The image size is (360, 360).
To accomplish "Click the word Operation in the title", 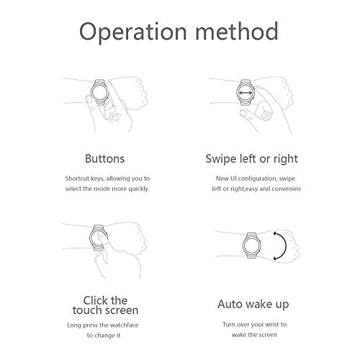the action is (x=133, y=32).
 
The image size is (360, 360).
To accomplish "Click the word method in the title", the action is (x=237, y=31).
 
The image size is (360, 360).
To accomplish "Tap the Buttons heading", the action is (x=104, y=158).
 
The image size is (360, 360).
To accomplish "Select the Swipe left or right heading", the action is (x=251, y=159).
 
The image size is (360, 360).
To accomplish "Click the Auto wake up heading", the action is (x=253, y=305).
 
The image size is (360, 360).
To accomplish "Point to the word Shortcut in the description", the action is (x=77, y=179).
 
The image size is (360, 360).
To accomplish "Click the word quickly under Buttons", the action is (x=138, y=189).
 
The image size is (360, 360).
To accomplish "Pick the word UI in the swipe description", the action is (x=233, y=179).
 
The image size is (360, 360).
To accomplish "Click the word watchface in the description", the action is (x=125, y=325).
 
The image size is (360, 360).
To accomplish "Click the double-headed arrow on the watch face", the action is (x=246, y=93).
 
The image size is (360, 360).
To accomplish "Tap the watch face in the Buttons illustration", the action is (x=99, y=93).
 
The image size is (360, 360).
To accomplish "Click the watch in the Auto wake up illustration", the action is (x=252, y=246).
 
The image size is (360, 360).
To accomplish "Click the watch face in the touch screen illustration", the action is (x=98, y=238).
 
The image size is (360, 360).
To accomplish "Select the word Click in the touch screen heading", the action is (x=95, y=300).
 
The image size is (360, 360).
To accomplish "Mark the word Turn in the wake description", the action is (x=229, y=325).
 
